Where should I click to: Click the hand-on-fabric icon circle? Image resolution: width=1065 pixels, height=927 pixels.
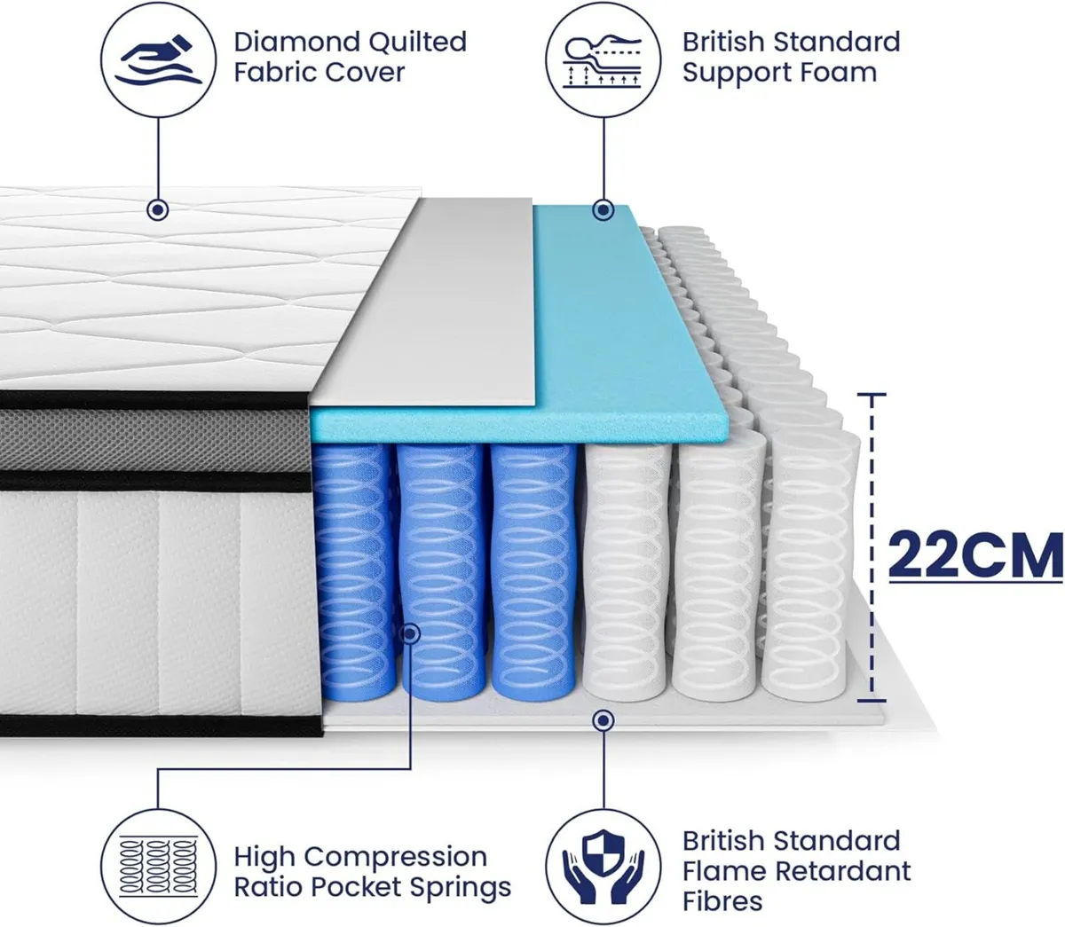158,59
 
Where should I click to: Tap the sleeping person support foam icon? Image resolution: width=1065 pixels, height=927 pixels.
603,59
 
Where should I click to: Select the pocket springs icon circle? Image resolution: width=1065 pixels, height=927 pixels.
158,867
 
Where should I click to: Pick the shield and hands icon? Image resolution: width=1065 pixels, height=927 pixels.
603,867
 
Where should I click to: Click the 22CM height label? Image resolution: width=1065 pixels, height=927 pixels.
975,555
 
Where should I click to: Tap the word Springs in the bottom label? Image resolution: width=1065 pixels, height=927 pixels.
460,887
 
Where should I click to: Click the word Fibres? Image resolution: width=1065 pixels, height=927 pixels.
722,901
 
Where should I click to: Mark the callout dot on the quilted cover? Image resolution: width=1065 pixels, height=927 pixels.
158,211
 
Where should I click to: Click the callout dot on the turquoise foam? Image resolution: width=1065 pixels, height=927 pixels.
603,210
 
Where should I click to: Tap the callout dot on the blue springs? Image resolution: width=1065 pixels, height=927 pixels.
411,633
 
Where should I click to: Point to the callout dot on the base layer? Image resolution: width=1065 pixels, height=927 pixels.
603,720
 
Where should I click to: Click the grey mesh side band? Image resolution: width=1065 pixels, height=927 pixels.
154,441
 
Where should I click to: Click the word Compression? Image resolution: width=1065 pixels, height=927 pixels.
396,857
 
